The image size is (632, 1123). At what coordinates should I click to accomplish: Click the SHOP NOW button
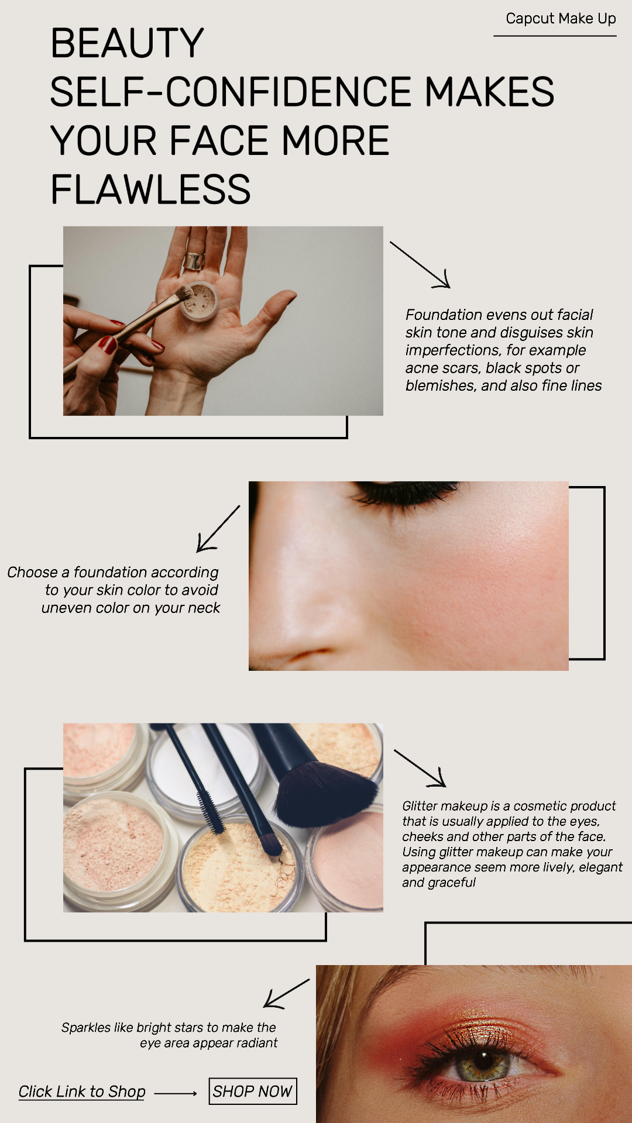click(x=252, y=1091)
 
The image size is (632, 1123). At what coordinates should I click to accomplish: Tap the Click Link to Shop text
click(x=82, y=1091)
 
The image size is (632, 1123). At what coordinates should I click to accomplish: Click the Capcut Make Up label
click(x=560, y=19)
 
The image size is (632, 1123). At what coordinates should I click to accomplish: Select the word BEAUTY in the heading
click(x=127, y=43)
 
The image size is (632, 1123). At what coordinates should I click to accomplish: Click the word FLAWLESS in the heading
click(x=150, y=190)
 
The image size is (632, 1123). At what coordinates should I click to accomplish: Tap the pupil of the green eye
click(x=484, y=1059)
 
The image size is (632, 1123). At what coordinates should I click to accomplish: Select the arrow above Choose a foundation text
click(x=217, y=529)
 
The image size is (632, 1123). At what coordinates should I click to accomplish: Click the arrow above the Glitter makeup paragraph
click(x=420, y=769)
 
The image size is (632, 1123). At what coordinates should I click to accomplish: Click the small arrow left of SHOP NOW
click(x=176, y=1093)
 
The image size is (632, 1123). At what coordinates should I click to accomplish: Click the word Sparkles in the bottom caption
click(x=86, y=1028)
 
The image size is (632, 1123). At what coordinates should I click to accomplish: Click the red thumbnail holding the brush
click(x=108, y=345)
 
